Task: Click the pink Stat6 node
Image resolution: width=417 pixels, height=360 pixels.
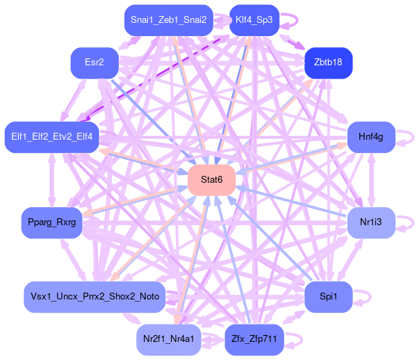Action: click(211, 180)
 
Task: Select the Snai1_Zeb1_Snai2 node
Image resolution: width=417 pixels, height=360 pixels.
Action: click(169, 20)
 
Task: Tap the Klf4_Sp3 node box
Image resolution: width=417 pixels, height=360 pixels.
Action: click(254, 20)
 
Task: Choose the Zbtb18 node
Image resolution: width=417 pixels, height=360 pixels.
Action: click(328, 63)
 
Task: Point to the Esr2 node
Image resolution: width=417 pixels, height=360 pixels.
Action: click(95, 63)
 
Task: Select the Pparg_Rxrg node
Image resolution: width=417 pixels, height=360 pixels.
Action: click(52, 222)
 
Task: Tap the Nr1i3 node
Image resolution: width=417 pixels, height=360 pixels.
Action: click(371, 222)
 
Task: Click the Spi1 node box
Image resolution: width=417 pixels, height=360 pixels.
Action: click(328, 297)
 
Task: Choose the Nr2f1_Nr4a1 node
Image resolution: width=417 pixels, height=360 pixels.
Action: click(169, 339)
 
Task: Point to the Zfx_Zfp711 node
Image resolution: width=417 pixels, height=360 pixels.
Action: click(254, 339)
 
